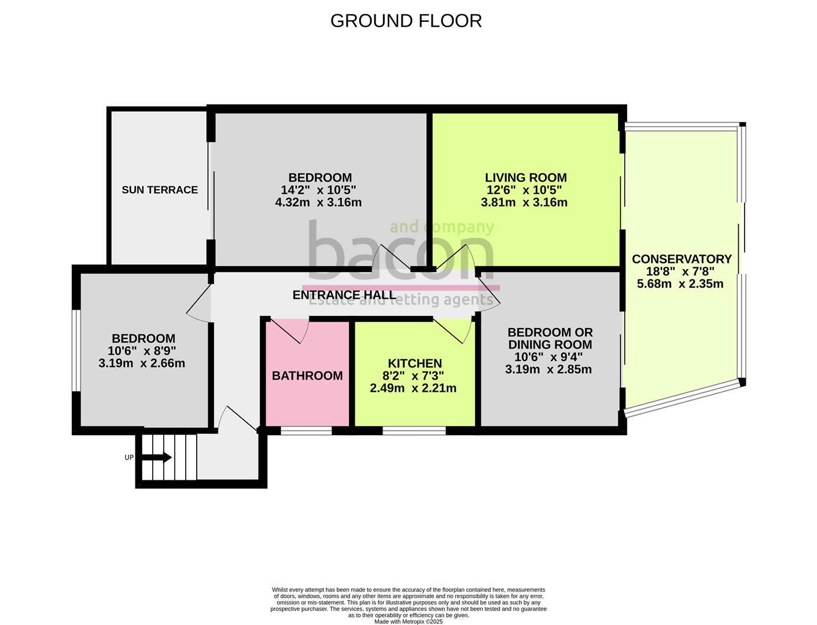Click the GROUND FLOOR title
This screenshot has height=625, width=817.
click(x=406, y=21)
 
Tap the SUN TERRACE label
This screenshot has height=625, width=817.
click(x=160, y=190)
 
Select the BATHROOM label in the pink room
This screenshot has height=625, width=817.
click(x=307, y=376)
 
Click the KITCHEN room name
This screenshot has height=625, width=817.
click(x=414, y=363)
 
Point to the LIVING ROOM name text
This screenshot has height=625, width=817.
click(x=525, y=178)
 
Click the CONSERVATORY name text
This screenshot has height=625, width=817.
click(x=681, y=259)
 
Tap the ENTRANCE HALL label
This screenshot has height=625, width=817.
click(x=344, y=295)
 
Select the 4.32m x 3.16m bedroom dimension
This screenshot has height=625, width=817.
click(x=318, y=203)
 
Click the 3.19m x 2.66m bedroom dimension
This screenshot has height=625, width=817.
click(x=142, y=363)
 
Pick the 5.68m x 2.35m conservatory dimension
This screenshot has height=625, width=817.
click(x=680, y=284)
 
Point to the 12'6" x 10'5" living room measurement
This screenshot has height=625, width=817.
click(x=524, y=190)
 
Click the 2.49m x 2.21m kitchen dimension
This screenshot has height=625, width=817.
click(x=413, y=388)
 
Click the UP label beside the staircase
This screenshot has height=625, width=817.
click(x=129, y=458)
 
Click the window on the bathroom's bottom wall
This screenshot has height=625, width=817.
click(x=306, y=431)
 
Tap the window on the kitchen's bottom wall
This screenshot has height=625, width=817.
click(x=414, y=431)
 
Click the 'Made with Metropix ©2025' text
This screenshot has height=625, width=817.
click(x=408, y=622)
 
